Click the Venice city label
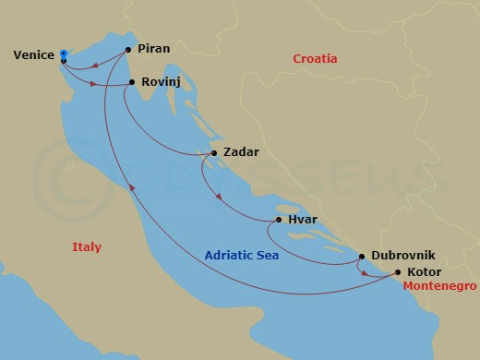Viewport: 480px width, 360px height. (32, 56)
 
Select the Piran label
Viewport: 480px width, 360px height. (154, 49)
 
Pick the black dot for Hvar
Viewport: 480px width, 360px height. (279, 221)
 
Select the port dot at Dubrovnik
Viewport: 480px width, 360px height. (362, 257)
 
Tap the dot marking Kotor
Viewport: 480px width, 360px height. (398, 272)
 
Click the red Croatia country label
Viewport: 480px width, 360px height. (315, 59)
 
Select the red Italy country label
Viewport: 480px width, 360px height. (87, 246)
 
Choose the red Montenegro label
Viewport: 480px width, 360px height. (440, 287)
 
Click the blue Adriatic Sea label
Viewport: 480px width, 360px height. (241, 256)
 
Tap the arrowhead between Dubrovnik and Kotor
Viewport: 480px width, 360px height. (365, 273)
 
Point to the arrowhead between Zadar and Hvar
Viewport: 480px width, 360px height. (219, 197)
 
